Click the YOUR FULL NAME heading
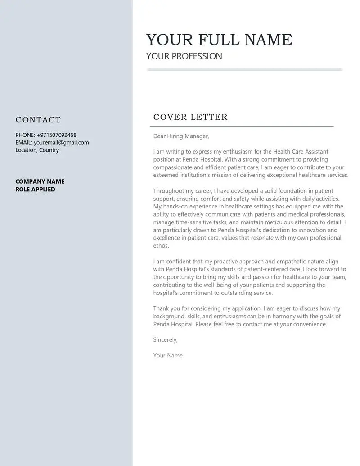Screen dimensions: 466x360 [x=219, y=40]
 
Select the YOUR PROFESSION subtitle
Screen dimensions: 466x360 [x=184, y=56]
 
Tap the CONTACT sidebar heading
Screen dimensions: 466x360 [x=38, y=120]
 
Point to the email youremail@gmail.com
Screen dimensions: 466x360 [x=61, y=142]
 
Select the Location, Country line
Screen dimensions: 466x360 [x=37, y=150]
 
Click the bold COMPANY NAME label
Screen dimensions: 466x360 [x=40, y=181]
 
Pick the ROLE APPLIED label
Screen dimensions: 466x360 [x=36, y=190]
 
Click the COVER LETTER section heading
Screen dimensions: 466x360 [x=190, y=117]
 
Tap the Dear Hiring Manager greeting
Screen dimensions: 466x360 [x=181, y=136]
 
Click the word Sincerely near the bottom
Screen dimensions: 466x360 [x=165, y=340]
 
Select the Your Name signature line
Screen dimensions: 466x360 [x=168, y=356]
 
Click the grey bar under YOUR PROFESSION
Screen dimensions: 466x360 [x=244, y=69]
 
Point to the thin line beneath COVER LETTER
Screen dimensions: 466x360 [x=243, y=127]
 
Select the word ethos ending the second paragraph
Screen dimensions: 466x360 [x=161, y=246]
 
